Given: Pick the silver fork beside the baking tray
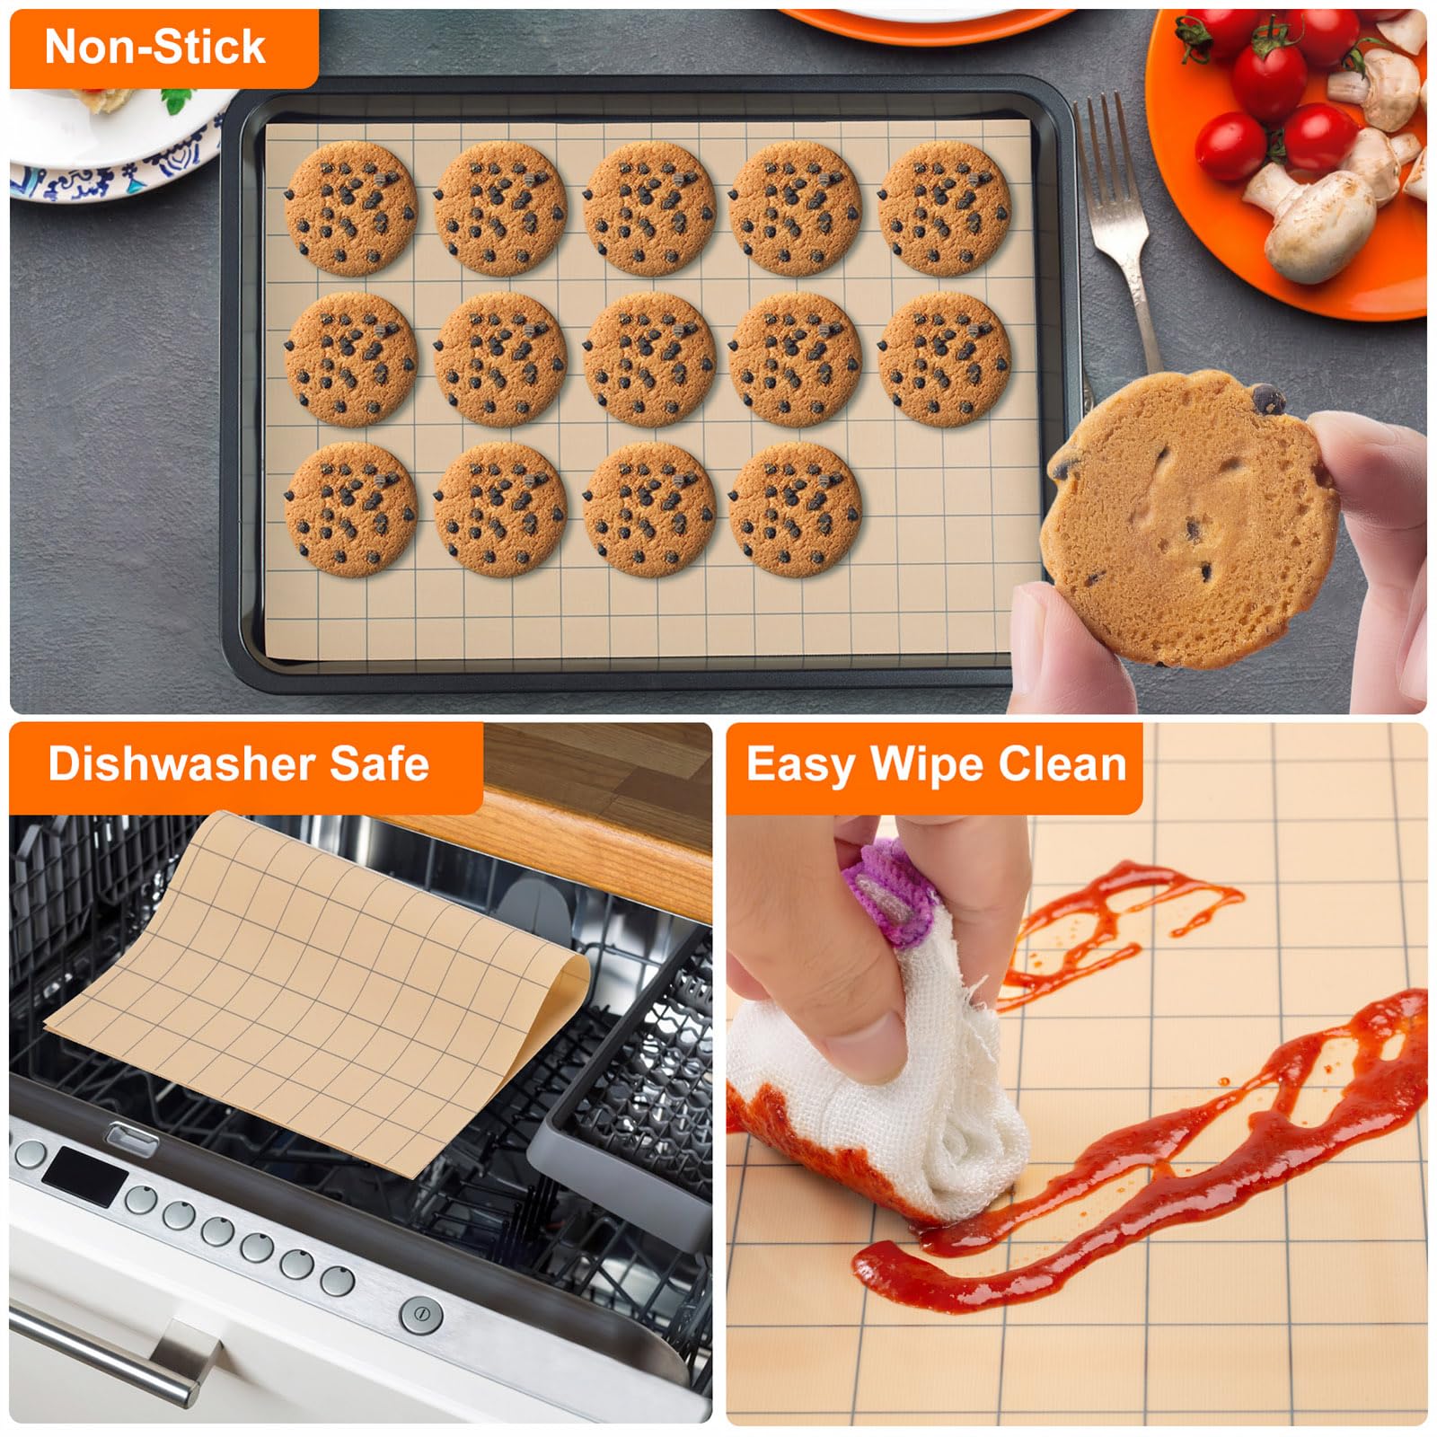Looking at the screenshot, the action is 1118,225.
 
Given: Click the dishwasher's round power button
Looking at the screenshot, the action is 420,1315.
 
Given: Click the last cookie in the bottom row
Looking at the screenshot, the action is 795,509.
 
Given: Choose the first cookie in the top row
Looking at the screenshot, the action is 351,207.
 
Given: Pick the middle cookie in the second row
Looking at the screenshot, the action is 649,358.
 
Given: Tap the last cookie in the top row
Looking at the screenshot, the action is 945,207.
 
